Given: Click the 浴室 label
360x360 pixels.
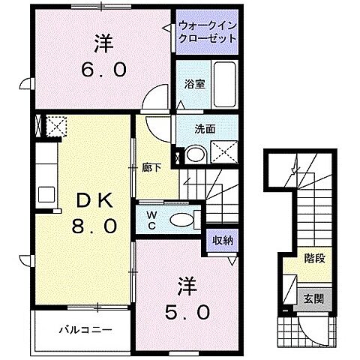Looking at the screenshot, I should [x=193, y=85].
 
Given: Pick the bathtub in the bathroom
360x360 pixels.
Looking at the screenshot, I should [x=224, y=83].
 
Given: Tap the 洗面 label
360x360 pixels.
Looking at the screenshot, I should [x=205, y=129].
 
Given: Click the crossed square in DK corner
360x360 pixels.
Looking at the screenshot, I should [x=52, y=124].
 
